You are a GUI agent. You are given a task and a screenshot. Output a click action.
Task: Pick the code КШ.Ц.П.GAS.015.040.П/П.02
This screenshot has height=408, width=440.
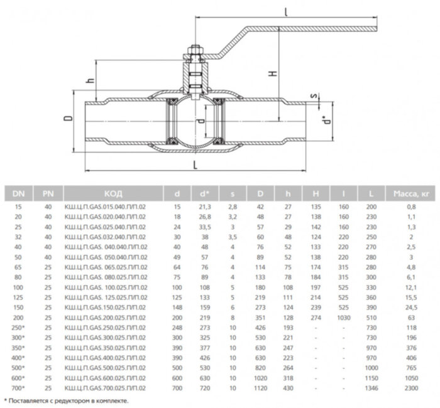click(x=106, y=206)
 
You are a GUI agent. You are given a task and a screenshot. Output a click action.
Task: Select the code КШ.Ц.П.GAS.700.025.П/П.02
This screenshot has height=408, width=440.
click(x=106, y=389)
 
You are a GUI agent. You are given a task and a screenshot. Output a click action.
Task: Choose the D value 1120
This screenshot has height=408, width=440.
click(x=259, y=389)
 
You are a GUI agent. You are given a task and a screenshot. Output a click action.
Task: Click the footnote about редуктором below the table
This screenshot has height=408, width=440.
click(x=66, y=400)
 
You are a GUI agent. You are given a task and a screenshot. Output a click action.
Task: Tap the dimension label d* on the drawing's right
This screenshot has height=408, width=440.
click(x=324, y=117)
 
